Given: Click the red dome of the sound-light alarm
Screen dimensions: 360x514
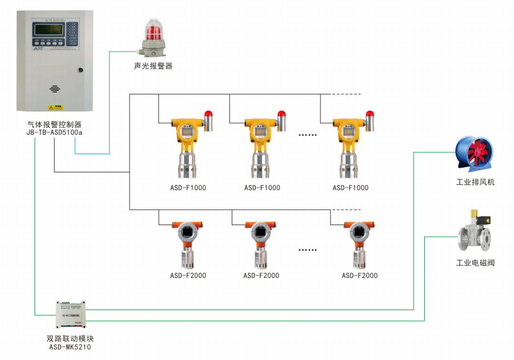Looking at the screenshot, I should click(153, 29).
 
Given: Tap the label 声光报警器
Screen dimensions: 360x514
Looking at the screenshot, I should click(153, 66).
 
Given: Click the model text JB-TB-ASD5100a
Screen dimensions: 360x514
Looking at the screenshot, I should click(55, 133).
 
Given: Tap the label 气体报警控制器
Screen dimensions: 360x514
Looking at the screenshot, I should click(55, 124).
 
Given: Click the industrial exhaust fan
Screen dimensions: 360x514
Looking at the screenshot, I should click(474, 153).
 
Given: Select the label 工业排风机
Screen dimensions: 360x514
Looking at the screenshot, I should click(475, 182).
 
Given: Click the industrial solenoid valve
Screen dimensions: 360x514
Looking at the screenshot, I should click(475, 232).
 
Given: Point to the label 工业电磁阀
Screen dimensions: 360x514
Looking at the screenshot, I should click(475, 263).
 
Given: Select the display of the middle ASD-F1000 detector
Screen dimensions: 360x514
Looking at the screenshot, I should click(261, 132).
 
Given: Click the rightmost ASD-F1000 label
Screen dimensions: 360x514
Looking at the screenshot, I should click(350, 188).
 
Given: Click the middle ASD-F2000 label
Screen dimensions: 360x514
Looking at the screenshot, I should click(261, 276).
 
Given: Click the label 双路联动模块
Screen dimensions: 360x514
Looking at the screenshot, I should click(70, 339).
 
